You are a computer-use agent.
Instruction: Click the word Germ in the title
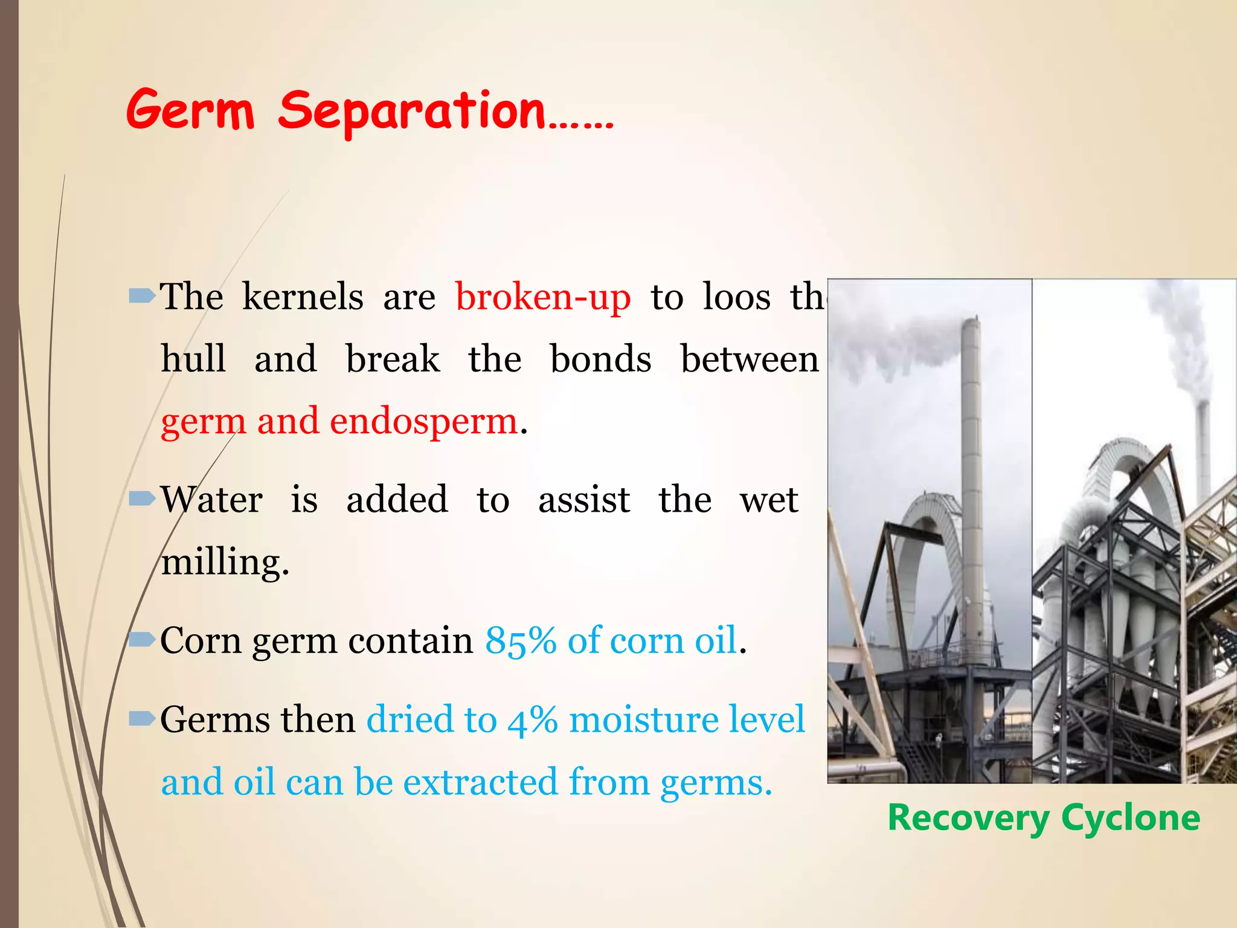[x=190, y=111]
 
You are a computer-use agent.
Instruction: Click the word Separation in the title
[x=412, y=111]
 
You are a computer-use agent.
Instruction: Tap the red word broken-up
[x=542, y=297]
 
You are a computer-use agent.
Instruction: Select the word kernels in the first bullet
[x=303, y=297]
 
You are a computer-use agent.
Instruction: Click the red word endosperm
[x=423, y=421]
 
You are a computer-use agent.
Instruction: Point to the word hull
[x=193, y=359]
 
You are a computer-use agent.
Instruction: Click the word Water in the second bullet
[x=211, y=500]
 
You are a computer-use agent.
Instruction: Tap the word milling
[x=225, y=562]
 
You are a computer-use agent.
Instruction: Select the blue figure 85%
[x=520, y=640]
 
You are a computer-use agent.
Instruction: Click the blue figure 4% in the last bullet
[x=532, y=720]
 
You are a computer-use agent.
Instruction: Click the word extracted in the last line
[x=480, y=782]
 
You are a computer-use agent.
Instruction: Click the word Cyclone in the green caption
[x=1130, y=819]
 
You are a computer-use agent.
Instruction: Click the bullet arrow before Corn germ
[x=143, y=639]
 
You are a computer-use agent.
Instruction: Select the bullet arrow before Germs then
[x=143, y=718]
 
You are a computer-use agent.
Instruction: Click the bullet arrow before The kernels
[x=143, y=296]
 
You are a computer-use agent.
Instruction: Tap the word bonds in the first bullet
[x=600, y=359]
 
